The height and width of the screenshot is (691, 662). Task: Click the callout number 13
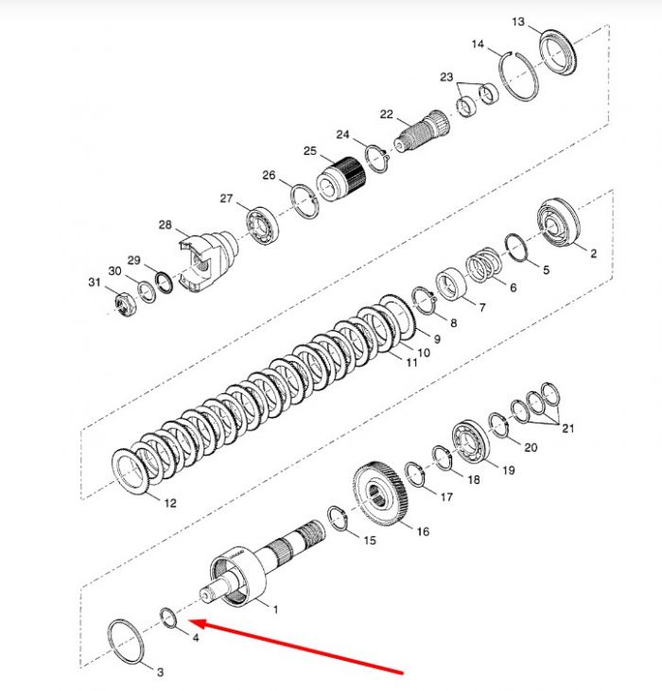(x=518, y=22)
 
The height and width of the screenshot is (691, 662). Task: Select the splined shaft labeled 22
(x=422, y=130)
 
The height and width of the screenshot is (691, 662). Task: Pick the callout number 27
(x=226, y=199)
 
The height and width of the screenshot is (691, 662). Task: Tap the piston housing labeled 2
(x=558, y=222)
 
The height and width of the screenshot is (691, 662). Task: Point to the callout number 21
(x=567, y=428)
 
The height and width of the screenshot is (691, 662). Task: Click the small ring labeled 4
(x=168, y=617)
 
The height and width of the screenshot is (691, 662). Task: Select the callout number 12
(x=170, y=503)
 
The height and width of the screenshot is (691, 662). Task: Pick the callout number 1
(x=275, y=610)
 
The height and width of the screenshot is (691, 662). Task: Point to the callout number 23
(x=446, y=77)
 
